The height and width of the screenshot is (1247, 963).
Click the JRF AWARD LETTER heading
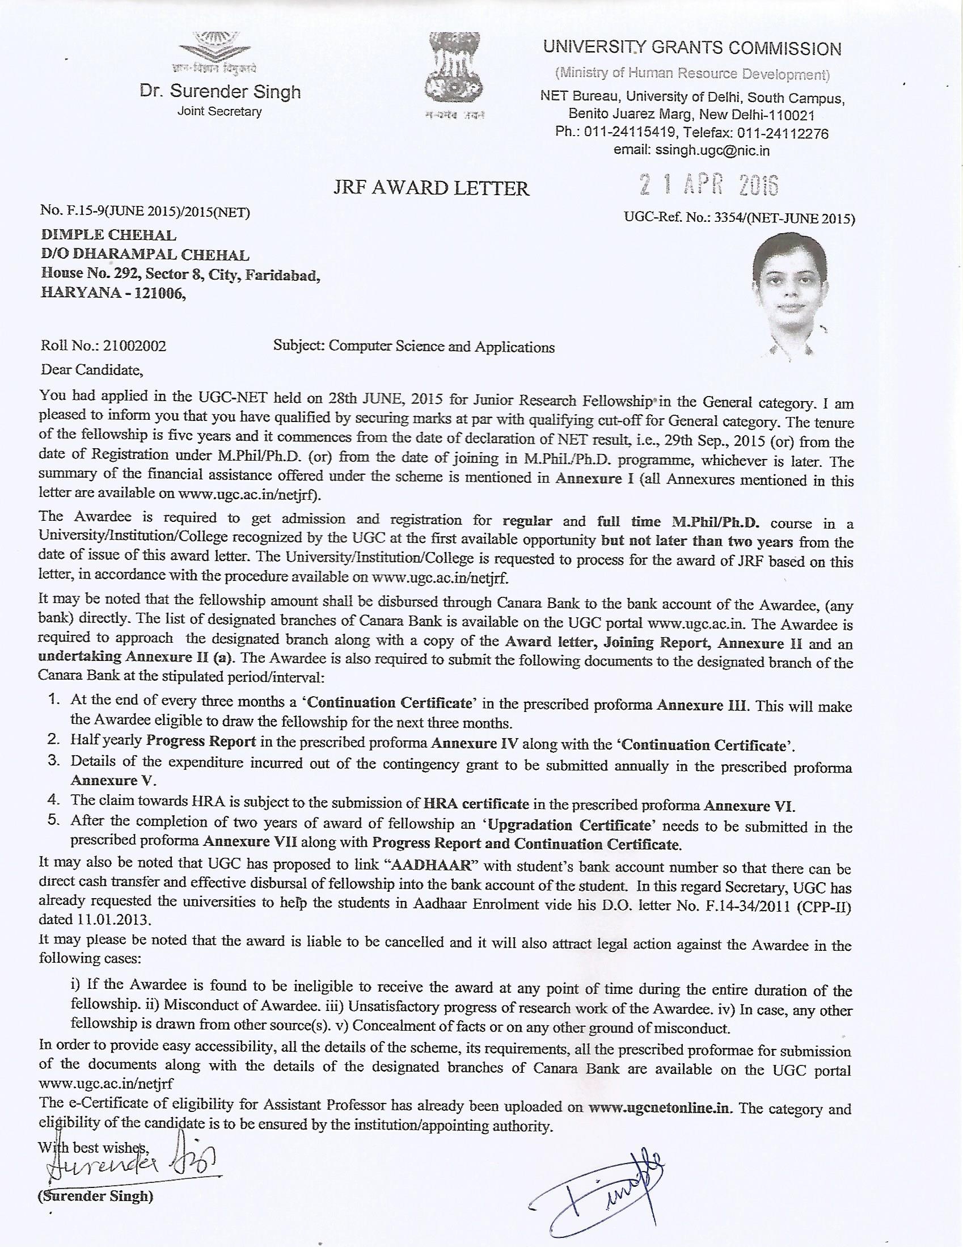tap(431, 188)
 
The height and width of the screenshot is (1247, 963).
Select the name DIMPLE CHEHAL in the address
tap(108, 235)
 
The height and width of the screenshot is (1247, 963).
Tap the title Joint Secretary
tap(220, 111)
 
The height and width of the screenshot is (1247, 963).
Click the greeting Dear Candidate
tap(91, 369)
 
